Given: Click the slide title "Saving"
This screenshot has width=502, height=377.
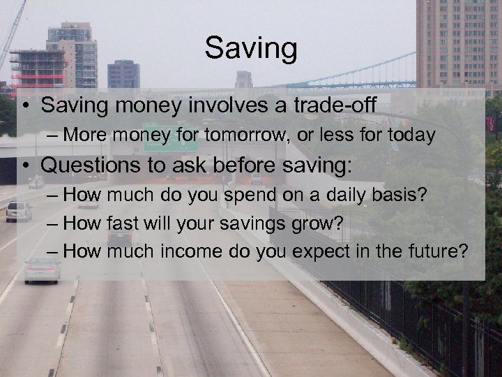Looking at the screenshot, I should (251, 49).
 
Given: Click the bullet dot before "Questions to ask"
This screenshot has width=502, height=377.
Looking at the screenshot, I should (25, 165).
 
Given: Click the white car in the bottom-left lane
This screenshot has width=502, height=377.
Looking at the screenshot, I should (42, 269).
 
